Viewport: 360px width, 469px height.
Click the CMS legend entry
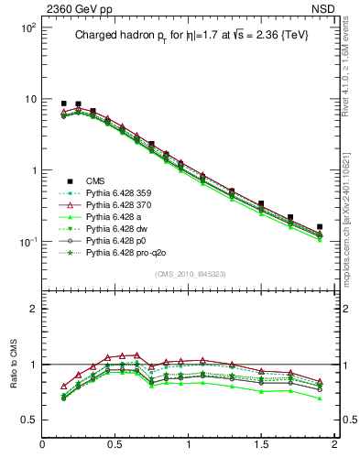point(95,180)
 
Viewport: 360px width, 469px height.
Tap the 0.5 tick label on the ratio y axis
point(28,420)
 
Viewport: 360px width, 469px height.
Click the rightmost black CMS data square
point(320,226)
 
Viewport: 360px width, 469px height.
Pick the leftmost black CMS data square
point(63,104)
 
